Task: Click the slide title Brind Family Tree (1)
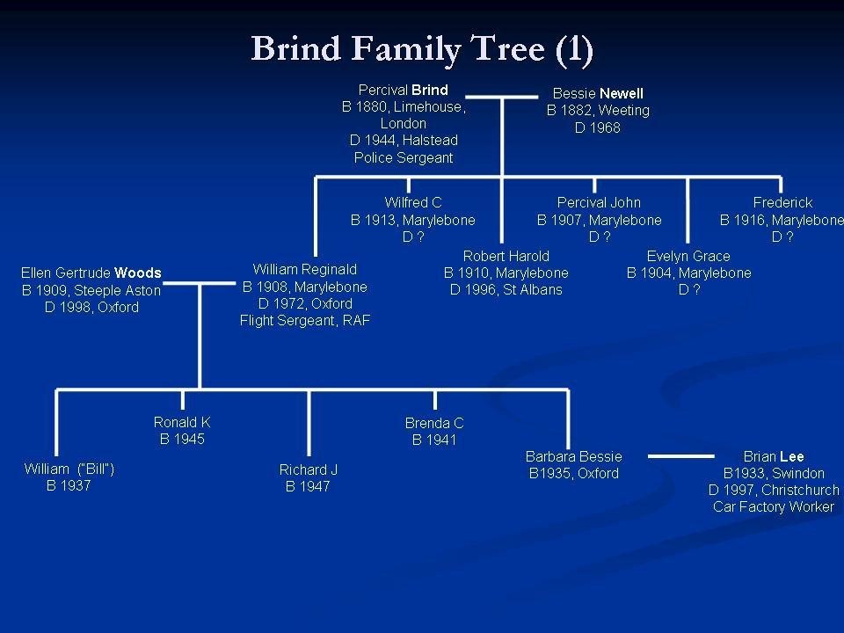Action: coord(422,48)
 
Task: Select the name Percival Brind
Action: coord(403,90)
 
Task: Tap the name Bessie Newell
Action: coord(598,93)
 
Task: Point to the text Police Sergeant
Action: coord(404,157)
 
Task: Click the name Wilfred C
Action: coord(412,203)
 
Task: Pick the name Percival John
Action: coord(599,203)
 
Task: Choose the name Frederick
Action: coord(782,203)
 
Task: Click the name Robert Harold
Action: coord(506,256)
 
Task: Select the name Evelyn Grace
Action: coord(688,256)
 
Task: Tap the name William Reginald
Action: coord(305,269)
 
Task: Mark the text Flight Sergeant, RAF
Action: coord(305,321)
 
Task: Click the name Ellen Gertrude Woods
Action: coord(91,273)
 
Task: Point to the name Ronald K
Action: coord(182,422)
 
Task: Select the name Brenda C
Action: coord(434,423)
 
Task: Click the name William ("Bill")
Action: coord(69,469)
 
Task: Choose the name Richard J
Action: coord(308,469)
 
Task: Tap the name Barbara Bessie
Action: coord(573,456)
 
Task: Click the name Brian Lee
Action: coord(774,456)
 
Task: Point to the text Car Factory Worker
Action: coord(774,507)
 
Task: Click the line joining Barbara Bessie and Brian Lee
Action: coord(680,456)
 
